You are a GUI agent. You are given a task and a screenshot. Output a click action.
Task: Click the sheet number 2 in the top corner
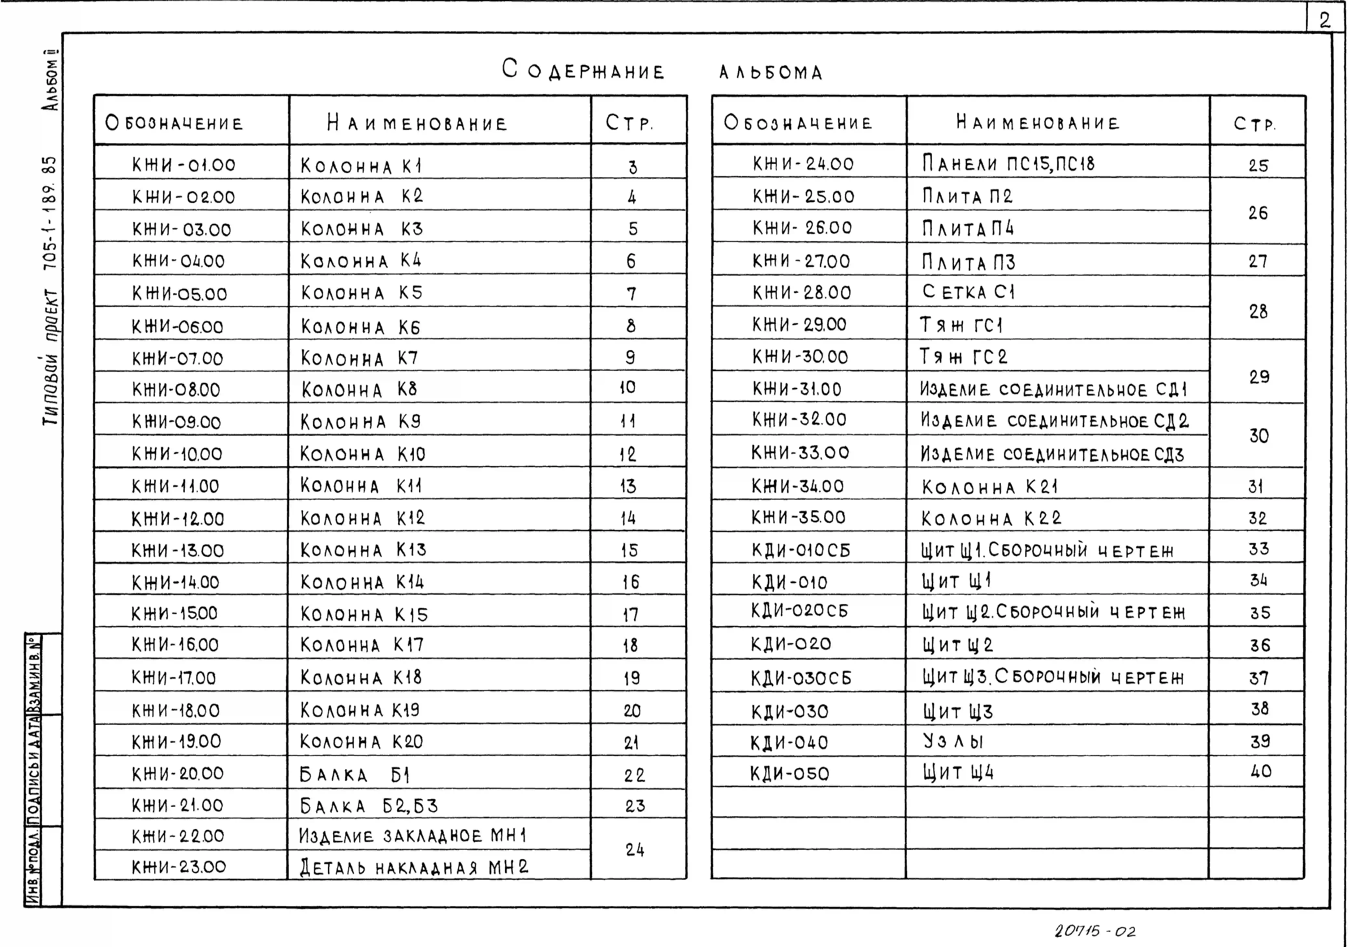[x=1325, y=20]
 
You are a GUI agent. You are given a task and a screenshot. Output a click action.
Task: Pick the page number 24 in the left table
[x=635, y=850]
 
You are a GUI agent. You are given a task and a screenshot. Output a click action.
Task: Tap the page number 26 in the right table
[x=1258, y=212]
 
